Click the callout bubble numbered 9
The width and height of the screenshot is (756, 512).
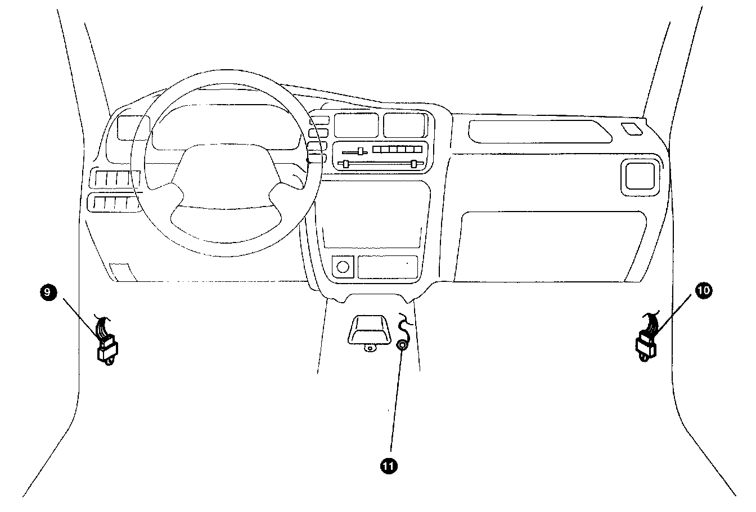pos(48,292)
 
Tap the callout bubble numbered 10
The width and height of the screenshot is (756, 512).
pos(703,290)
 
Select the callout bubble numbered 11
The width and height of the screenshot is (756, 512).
pos(389,466)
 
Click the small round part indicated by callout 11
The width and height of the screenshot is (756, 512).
pos(402,345)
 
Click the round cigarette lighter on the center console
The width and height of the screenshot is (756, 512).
pos(343,267)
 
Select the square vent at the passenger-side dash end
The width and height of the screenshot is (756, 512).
pos(640,177)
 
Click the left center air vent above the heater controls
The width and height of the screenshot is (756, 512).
pos(356,125)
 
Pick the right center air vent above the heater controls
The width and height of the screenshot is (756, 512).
pos(406,125)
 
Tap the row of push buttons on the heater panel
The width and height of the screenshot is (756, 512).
pos(397,149)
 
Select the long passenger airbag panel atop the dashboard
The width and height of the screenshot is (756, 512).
pos(540,132)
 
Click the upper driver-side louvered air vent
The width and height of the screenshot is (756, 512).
pos(115,178)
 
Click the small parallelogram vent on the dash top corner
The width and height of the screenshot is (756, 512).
pos(632,129)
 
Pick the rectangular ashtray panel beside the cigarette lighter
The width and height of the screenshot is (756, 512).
pos(388,267)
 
